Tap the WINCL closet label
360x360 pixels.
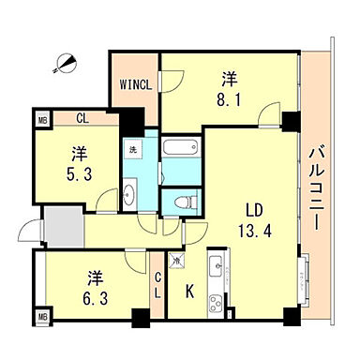pos(134,83)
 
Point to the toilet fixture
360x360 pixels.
pos(181,201)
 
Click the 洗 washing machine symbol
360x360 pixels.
pos(132,147)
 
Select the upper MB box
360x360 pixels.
pos(41,120)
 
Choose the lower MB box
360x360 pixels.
pos(41,319)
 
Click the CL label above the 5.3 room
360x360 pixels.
pos(82,119)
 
